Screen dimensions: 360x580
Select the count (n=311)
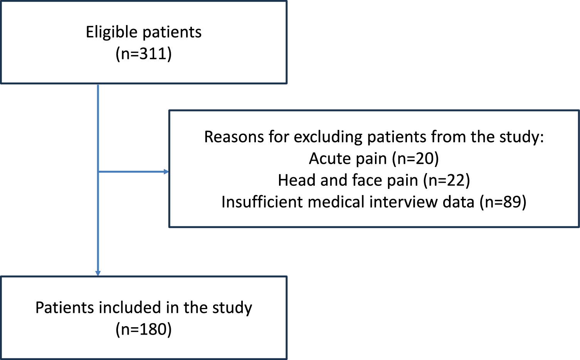tap(143, 54)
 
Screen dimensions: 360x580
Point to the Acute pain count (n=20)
tap(415, 158)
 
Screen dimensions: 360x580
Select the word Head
tap(294, 180)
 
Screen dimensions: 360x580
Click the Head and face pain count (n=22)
tap(446, 180)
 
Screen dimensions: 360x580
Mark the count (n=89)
tap(503, 202)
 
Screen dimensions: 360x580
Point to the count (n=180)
tap(143, 329)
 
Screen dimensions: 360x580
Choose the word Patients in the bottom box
tap(64, 308)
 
